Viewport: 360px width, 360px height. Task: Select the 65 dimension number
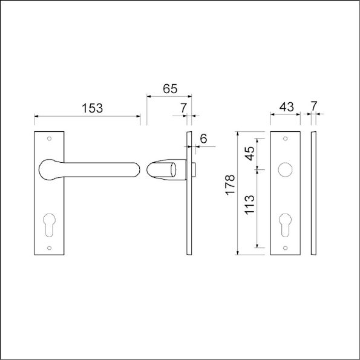coord(169,88)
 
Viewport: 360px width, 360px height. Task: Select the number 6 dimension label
coord(203,139)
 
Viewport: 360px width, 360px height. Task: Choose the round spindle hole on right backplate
coord(285,170)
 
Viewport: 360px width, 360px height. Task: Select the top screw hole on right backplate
coord(285,139)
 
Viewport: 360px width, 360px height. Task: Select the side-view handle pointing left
coord(163,169)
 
